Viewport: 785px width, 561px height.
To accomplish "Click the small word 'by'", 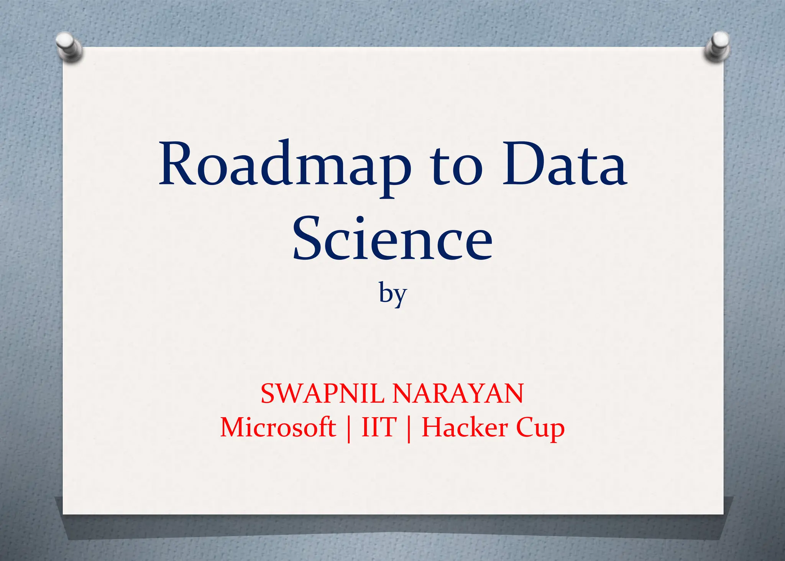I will [392, 294].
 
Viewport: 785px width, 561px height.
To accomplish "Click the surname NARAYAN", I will [458, 393].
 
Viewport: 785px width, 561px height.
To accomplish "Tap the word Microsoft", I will [278, 427].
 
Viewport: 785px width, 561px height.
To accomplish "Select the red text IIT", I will [379, 427].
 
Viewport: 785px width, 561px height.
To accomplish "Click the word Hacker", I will [465, 427].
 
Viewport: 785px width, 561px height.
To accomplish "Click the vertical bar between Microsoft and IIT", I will [348, 429].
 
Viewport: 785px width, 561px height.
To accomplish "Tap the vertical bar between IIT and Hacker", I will [409, 429].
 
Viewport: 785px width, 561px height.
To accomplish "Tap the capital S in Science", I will [309, 239].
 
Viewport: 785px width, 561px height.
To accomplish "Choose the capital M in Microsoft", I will [233, 427].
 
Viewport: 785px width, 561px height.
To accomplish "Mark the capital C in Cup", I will [526, 427].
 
